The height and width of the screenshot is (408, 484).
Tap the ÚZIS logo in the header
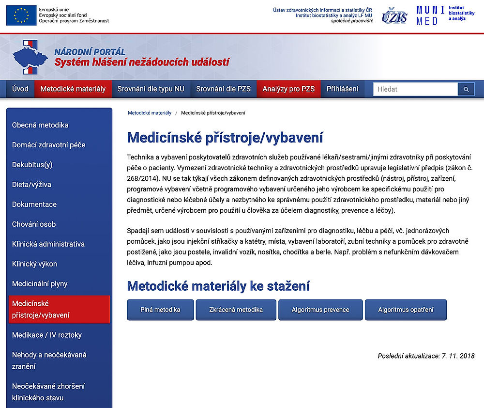tap(394, 16)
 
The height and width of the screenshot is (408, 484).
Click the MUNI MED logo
tap(430, 16)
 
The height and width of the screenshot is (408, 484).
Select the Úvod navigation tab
tap(20, 89)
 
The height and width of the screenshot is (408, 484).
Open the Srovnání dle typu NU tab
tap(151, 89)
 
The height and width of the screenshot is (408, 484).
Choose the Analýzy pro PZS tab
tap(288, 89)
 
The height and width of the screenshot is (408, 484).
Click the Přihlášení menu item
tap(343, 89)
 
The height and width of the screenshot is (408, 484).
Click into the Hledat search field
tap(415, 89)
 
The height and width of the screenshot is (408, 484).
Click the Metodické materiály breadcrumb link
tap(150, 113)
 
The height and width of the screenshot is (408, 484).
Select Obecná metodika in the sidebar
tap(40, 125)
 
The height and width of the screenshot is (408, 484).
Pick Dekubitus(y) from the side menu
tap(32, 165)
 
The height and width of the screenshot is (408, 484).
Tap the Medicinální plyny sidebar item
tap(40, 284)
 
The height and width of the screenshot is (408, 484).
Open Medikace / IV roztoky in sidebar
tap(47, 335)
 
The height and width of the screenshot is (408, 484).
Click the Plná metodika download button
tap(160, 310)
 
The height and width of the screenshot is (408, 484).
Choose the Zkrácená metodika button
tap(236, 310)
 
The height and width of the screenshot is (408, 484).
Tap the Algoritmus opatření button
tap(406, 310)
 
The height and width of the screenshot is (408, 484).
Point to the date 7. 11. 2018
tap(458, 356)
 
